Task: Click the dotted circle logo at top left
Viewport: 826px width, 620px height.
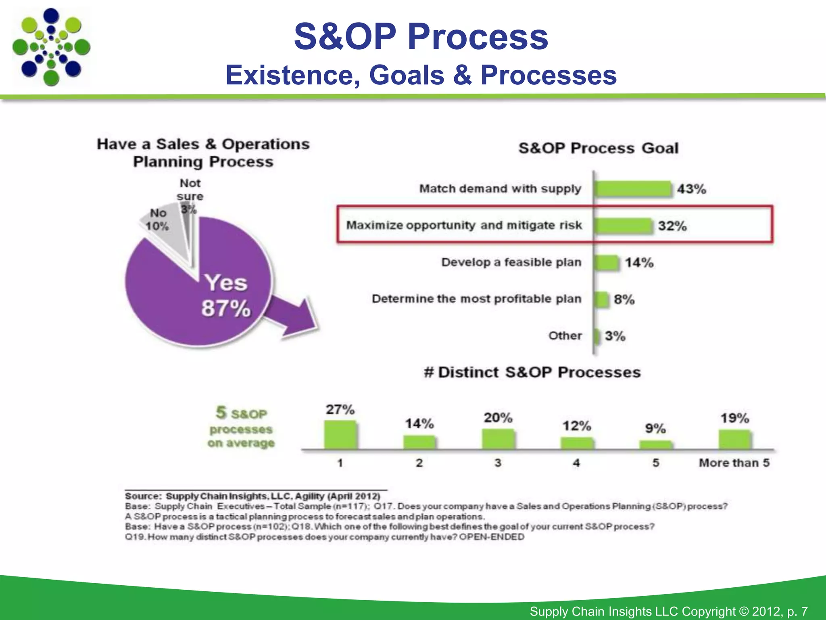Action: pos(51,47)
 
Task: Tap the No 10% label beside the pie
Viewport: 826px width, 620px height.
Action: pos(158,220)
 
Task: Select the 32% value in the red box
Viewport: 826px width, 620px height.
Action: pos(672,226)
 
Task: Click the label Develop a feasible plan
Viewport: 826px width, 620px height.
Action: pos(511,262)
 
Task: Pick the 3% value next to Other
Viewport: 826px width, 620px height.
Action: pos(615,336)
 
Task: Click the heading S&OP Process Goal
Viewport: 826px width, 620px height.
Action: pos(599,148)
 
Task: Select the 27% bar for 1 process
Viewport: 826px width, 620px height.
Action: pos(340,435)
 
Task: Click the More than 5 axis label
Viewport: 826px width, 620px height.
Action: pos(734,463)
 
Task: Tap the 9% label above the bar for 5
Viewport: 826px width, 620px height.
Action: pos(655,428)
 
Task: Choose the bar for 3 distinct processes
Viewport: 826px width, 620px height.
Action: pos(498,439)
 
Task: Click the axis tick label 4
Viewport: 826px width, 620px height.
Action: pos(576,463)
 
